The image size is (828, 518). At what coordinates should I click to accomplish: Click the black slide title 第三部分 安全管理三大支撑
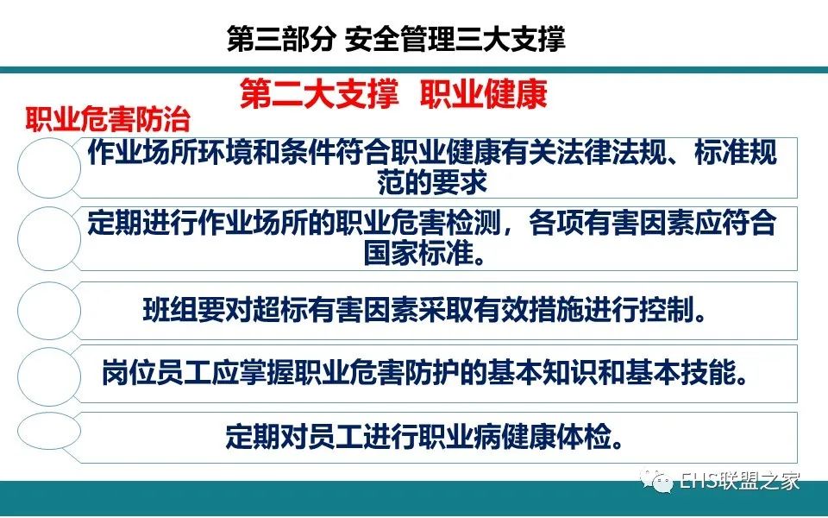click(x=396, y=39)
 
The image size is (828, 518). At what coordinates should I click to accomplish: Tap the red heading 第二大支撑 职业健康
click(x=393, y=95)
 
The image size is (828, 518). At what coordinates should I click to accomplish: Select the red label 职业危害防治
click(x=108, y=120)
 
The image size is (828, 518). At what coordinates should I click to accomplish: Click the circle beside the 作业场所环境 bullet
click(x=49, y=168)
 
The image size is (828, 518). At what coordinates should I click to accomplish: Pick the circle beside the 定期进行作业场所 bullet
click(x=49, y=238)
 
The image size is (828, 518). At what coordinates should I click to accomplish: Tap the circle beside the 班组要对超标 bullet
click(x=49, y=310)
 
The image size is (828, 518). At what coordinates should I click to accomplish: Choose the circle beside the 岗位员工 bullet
click(x=49, y=376)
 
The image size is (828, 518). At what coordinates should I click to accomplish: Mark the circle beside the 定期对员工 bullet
click(x=49, y=431)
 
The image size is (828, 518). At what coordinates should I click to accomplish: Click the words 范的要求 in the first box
click(x=432, y=182)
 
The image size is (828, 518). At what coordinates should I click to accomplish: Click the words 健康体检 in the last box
click(x=556, y=437)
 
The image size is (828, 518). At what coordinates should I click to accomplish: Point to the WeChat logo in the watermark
click(x=656, y=481)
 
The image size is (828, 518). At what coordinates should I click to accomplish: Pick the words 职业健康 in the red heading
click(x=484, y=95)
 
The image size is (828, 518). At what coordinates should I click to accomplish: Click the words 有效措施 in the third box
click(x=529, y=310)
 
